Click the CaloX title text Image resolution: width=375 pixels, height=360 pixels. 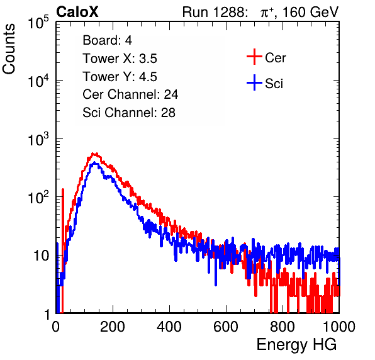[77, 12]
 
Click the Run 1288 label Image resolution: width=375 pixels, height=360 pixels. [214, 12]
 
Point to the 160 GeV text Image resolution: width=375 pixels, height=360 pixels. [310, 12]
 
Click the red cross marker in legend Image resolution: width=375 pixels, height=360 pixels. [254, 57]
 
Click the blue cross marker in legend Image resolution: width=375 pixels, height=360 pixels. [254, 82]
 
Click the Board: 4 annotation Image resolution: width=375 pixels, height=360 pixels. [107, 40]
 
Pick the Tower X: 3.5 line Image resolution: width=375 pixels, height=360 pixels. [120, 59]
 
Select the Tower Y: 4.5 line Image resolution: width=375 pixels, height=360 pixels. [120, 77]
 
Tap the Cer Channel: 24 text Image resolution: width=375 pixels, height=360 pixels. [130, 94]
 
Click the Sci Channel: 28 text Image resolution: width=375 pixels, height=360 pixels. [129, 113]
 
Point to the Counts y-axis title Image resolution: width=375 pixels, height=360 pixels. [9, 49]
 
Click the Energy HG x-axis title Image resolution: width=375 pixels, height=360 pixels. [296, 345]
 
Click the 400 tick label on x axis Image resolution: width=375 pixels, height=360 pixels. [169, 327]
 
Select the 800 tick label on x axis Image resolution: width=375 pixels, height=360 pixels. [283, 327]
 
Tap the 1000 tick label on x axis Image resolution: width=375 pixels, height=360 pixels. [339, 327]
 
